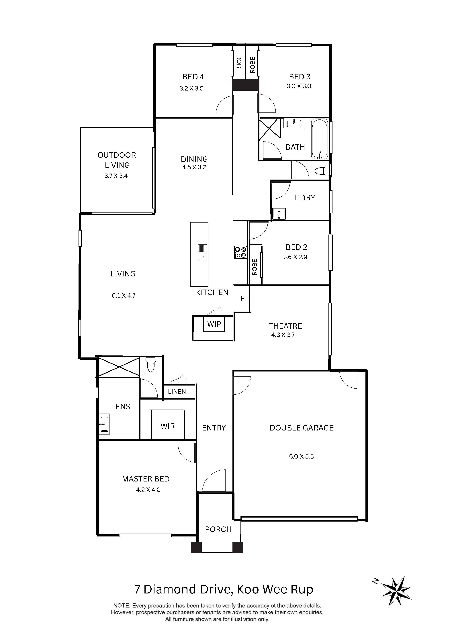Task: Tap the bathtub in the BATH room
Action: pos(320,139)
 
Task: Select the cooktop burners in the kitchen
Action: pos(240,252)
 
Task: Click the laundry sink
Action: pos(279,213)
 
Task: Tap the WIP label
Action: pos(214,324)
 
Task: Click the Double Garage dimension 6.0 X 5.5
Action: pos(301,456)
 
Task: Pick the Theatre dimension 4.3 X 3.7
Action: pos(283,335)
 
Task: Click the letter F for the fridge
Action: pos(242,299)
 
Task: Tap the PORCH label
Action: pos(218,529)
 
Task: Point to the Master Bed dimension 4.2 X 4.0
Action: pos(148,490)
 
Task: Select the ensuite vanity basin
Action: pos(104,424)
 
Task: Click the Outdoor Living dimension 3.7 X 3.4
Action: pos(116,176)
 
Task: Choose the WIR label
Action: pos(168,426)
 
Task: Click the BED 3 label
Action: pos(300,77)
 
